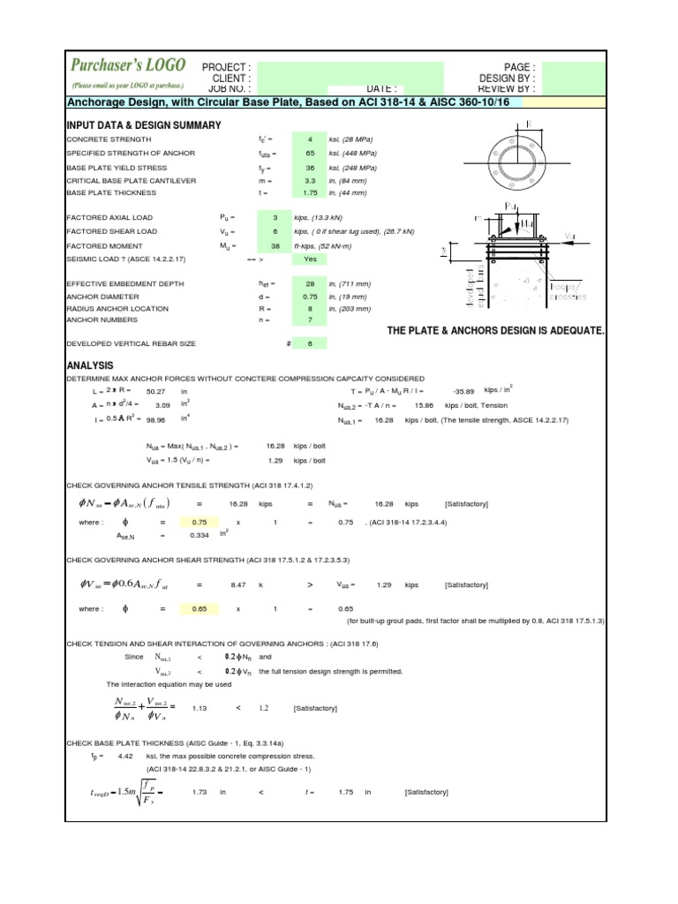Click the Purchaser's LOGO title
point(128,65)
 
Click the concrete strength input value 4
point(309,139)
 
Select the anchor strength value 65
point(309,154)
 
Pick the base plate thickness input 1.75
point(309,192)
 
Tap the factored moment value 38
point(300,245)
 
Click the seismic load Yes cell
point(310,260)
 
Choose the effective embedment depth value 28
point(309,283)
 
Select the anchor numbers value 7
point(310,322)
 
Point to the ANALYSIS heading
point(91,365)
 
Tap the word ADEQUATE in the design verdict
point(573,330)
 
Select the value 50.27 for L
point(156,390)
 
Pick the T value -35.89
point(463,390)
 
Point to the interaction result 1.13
point(200,708)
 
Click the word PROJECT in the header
point(226,67)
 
